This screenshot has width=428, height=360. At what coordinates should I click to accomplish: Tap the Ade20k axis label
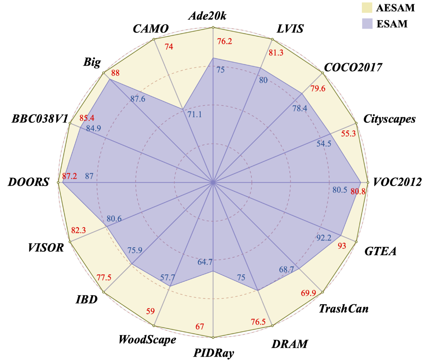[213, 16]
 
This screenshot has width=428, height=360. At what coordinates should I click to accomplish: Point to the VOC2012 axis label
[398, 183]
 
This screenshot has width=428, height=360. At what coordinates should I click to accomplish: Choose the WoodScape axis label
[147, 340]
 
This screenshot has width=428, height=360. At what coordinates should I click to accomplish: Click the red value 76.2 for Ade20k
[225, 42]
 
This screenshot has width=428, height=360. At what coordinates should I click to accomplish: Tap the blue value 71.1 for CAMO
[195, 114]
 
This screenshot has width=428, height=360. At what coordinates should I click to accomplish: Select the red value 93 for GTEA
[341, 245]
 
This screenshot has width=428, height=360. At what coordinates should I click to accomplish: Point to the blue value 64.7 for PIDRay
[205, 262]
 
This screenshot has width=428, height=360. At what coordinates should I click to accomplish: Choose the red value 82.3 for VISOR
[78, 231]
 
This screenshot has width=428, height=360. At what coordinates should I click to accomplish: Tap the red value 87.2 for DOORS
[69, 176]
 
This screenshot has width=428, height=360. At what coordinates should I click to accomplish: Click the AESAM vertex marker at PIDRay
[213, 338]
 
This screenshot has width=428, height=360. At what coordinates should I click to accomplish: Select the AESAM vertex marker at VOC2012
[367, 183]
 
